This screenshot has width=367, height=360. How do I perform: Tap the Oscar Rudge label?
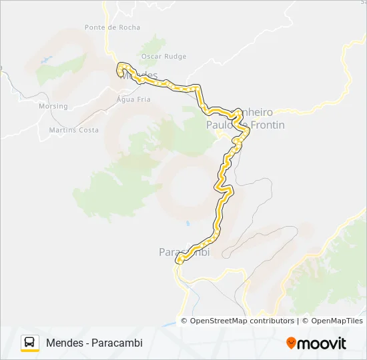(x=163, y=57)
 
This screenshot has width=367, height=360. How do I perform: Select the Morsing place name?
(x=53, y=106)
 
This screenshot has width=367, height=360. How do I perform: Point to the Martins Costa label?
(x=74, y=130)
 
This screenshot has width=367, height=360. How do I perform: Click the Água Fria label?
(x=133, y=99)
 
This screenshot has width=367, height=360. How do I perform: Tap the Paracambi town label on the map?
(x=183, y=252)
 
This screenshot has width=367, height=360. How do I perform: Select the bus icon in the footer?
(x=30, y=343)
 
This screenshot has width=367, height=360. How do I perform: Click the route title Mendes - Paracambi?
(x=94, y=343)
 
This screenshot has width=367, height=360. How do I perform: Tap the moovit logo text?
(x=322, y=343)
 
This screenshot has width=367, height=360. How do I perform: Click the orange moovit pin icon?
(x=291, y=343)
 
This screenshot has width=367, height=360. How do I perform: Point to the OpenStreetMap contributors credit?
(x=242, y=321)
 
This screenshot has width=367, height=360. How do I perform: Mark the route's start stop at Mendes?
(x=121, y=66)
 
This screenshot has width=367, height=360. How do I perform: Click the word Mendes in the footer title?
(x=65, y=343)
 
